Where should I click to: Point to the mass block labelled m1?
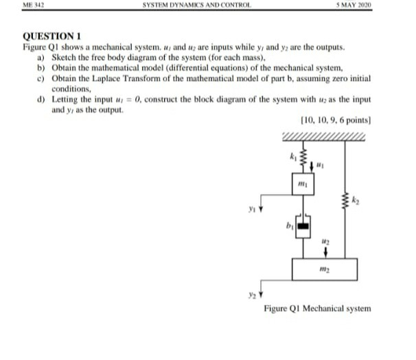click(301, 186)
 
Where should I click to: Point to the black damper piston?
click(302, 223)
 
